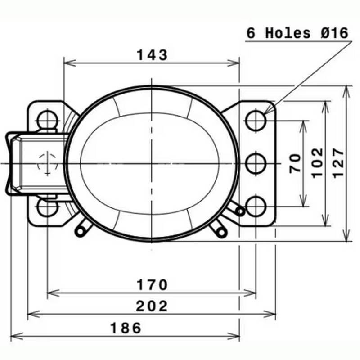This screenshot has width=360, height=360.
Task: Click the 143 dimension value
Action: point(152,55)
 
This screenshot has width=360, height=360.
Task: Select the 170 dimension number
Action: point(152,285)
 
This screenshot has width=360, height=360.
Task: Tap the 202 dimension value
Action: point(152,306)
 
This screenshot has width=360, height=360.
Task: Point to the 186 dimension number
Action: point(126,328)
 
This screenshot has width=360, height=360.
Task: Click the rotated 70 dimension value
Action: point(295,163)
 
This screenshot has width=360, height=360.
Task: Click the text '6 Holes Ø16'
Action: point(297,33)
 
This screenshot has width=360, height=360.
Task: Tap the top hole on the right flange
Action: point(256,120)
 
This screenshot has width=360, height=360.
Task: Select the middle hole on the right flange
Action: point(256,163)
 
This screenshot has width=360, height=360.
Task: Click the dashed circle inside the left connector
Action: point(46,163)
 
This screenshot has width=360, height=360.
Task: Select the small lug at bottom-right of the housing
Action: point(221,230)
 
